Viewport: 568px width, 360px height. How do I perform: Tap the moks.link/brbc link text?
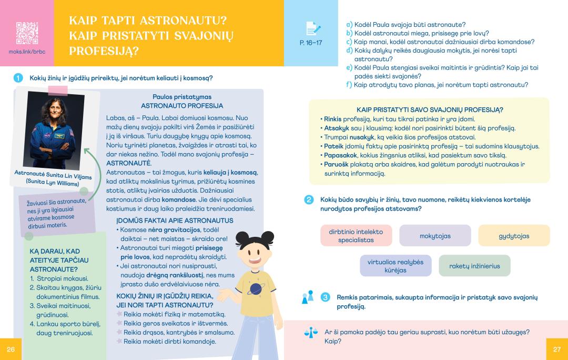point(27,52)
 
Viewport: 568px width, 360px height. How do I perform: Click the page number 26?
point(11,349)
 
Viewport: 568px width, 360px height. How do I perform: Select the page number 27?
point(557,349)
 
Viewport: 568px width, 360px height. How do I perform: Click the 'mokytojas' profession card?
point(435,236)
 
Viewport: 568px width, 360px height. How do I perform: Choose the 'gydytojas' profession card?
point(514,236)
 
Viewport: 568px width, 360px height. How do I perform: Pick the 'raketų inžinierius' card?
point(474,266)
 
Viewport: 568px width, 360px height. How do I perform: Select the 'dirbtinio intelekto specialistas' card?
point(356,236)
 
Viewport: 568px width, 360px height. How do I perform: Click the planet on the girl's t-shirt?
point(256,289)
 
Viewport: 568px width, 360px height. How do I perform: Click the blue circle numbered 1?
point(18,78)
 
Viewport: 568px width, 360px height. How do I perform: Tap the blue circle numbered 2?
point(309,199)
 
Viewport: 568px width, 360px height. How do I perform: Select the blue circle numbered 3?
point(326,297)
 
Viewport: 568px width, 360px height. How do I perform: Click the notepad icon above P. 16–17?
point(310,28)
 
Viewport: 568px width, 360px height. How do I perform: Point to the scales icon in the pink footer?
point(311,333)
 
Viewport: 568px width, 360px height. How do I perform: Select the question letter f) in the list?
point(349,85)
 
